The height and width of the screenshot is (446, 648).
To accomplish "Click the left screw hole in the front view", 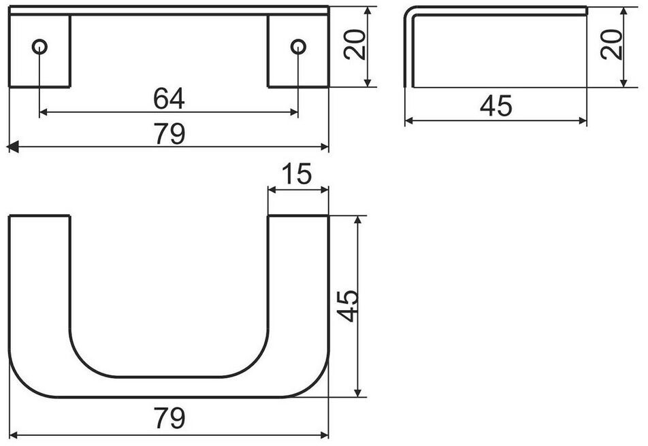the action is pyautogui.click(x=39, y=47).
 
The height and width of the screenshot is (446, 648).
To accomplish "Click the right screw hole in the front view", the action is pyautogui.click(x=298, y=47).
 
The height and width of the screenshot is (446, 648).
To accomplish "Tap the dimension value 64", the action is pyautogui.click(x=169, y=99).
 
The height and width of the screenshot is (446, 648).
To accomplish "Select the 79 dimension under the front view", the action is pyautogui.click(x=170, y=133).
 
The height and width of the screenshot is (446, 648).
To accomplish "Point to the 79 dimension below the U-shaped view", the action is pyautogui.click(x=170, y=418).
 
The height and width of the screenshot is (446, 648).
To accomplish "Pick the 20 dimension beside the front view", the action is pyautogui.click(x=355, y=45).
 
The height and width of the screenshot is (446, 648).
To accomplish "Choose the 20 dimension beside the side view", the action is pyautogui.click(x=612, y=45).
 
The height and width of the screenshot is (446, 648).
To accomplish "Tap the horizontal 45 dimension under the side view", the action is pyautogui.click(x=496, y=105).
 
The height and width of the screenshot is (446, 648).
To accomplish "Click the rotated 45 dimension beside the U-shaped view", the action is pyautogui.click(x=347, y=306).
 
